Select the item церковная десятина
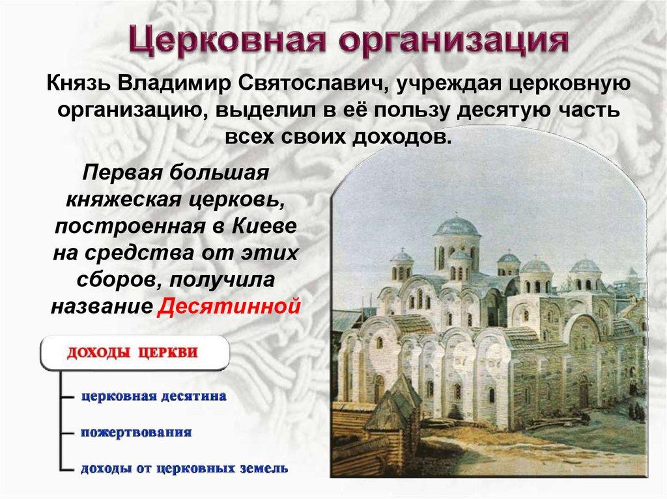pyautogui.click(x=154, y=397)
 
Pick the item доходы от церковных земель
pyautogui.click(x=184, y=468)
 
